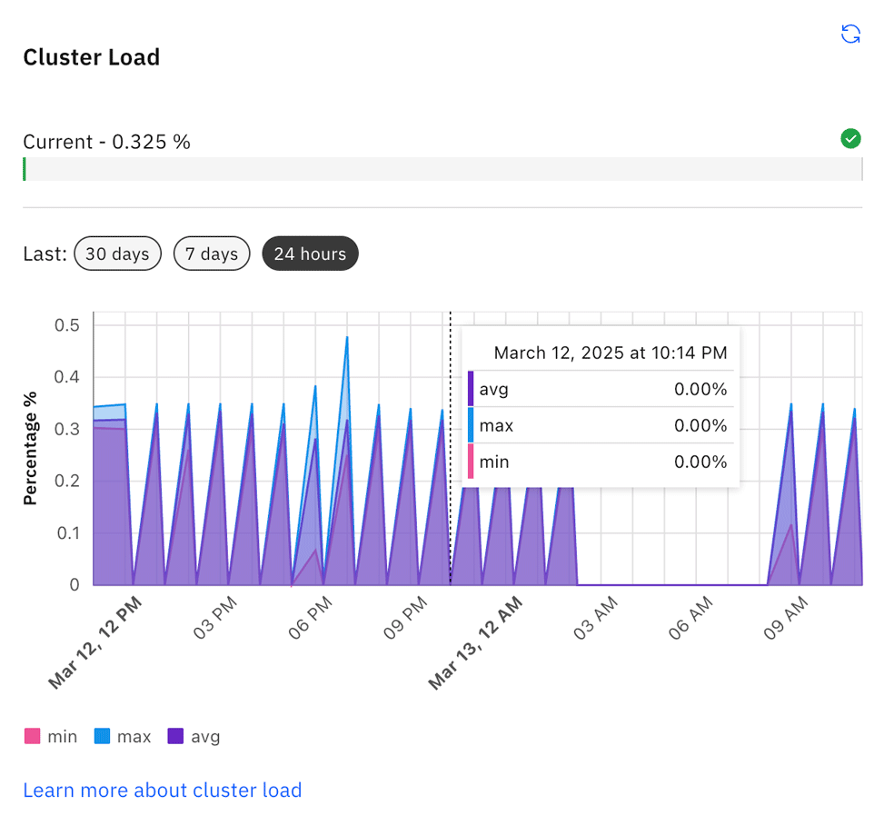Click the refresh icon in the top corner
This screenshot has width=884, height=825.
(x=850, y=35)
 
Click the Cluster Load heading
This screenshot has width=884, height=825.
(x=91, y=57)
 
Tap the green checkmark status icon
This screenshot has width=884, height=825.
(x=850, y=139)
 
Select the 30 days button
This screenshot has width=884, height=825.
(x=117, y=254)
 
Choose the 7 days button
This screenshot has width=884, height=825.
(x=212, y=254)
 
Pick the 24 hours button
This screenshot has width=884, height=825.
(x=310, y=254)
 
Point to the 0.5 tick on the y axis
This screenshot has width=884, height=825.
(x=68, y=325)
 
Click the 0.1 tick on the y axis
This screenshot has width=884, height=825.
(x=68, y=532)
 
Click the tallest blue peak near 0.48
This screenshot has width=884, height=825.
(x=347, y=339)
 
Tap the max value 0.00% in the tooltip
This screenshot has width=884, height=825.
(x=700, y=425)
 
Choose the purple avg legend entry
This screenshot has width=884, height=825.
(x=194, y=737)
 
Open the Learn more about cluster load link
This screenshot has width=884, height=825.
(x=162, y=790)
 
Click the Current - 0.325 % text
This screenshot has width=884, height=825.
(x=106, y=142)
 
